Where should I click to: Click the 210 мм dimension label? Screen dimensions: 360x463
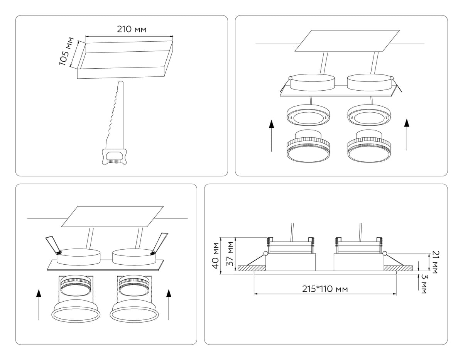coord(132,29)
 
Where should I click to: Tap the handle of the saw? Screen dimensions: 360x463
coord(114,157)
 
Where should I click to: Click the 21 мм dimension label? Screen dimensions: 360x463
coord(435,262)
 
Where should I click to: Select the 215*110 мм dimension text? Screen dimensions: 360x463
coord(325,289)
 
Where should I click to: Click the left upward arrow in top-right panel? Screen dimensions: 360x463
coord(272,135)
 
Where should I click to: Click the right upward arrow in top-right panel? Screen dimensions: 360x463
coord(406,135)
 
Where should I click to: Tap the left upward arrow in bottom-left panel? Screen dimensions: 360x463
coord(39,305)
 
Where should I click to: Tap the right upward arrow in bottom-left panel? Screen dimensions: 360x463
coord(168,305)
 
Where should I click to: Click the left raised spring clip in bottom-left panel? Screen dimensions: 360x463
coord(52,245)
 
